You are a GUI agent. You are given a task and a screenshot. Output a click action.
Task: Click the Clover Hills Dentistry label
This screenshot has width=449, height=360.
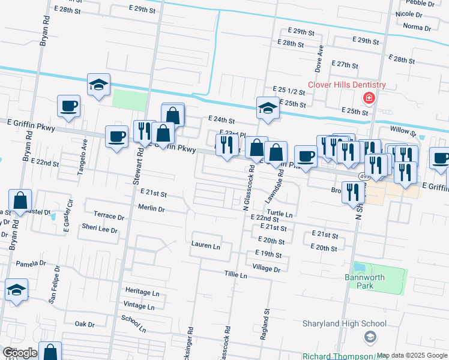(x=346, y=85)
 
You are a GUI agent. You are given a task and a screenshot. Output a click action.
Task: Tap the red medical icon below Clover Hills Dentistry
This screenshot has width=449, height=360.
(x=368, y=98)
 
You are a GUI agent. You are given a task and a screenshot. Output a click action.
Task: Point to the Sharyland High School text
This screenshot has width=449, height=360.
(x=340, y=323)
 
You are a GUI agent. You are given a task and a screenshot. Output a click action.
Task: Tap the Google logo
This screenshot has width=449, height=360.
(x=19, y=353)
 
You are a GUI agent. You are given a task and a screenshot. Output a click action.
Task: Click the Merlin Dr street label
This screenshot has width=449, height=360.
(x=151, y=209)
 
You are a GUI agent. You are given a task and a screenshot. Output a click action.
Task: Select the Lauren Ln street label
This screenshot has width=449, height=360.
(x=206, y=245)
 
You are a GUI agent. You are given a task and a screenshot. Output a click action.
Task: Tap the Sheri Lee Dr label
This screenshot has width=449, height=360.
(x=100, y=229)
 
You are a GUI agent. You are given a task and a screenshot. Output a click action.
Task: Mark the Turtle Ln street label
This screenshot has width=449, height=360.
(x=280, y=214)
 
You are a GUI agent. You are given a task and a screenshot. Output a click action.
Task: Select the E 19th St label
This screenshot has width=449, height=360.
(x=268, y=255)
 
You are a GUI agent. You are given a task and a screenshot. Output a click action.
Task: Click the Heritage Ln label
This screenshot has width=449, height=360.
(x=142, y=292)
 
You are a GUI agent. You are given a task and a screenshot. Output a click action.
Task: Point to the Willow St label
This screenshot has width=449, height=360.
(x=402, y=130)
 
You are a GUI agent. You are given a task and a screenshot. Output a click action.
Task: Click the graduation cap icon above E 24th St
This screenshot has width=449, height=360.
(x=268, y=109)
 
